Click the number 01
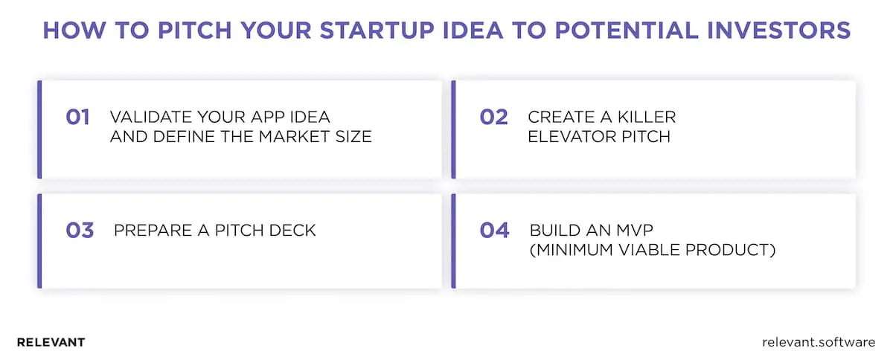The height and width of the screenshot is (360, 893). pos(77,118)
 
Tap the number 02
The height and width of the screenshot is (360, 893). pos(493,118)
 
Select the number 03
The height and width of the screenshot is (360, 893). pos(79,230)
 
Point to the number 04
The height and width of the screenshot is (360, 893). pos(494,230)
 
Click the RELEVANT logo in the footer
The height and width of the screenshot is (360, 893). pos(51,342)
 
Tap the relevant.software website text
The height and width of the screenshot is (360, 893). pos(819,342)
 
